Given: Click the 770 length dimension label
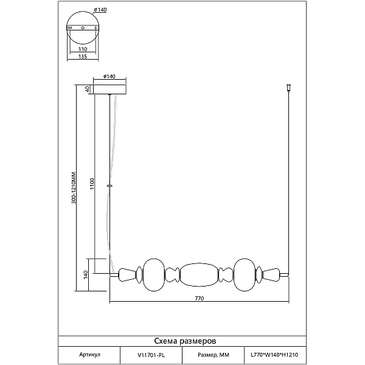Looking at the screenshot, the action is coord(200,298).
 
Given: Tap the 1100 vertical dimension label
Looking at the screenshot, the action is coord(92,184).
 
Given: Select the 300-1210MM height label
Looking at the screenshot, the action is coord(74,187).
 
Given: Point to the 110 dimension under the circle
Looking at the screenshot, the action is coord(83,49).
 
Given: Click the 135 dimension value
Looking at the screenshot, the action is coord(83,57).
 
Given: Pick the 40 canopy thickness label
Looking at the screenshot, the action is coord(88,89).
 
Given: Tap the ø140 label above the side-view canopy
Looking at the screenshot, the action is coord(109,76).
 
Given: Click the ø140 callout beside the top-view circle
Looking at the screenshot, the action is coord(100,10).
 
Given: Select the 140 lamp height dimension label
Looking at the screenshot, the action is coord(86,275).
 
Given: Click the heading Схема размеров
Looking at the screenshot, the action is coord(185,341).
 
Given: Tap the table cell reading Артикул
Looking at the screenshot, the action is coord(89,355).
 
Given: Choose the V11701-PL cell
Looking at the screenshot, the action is coord(151,355).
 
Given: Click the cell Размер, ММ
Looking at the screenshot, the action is coord(214,355).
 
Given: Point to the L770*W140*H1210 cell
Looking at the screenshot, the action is coord(274,355).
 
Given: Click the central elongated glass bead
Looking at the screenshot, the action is coord(199,275).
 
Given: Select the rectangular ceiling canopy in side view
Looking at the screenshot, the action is coord(109,89).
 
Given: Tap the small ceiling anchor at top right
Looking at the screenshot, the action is coord(288,88).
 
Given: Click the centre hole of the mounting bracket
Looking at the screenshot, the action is coord(83,28).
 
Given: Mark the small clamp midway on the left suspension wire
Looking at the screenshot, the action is coord(109,186).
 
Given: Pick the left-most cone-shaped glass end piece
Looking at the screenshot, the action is coord(127,275).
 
